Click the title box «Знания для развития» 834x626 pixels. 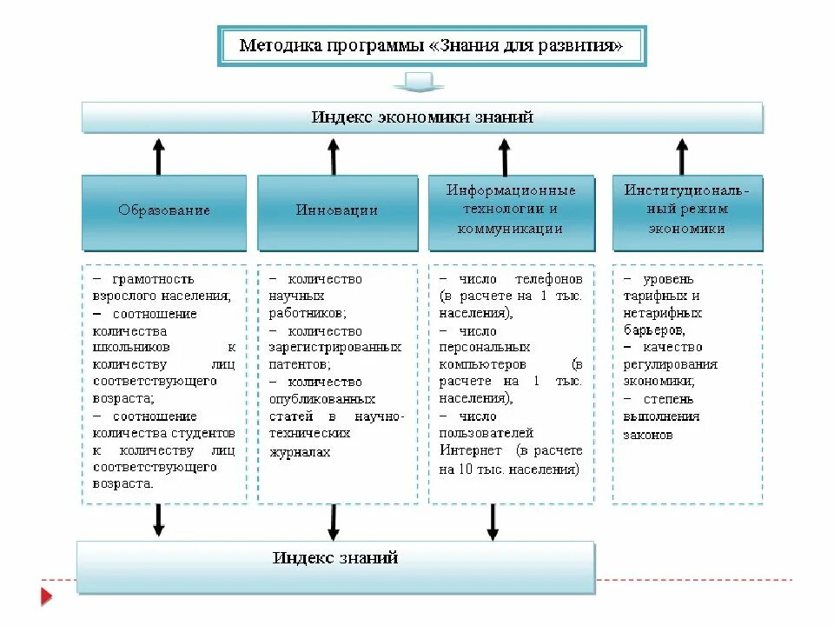coord(431,46)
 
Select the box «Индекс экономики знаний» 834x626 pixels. coord(422,117)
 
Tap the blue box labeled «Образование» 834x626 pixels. coord(164,211)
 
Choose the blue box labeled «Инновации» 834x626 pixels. coord(336,211)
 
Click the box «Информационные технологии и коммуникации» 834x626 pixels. coord(511,210)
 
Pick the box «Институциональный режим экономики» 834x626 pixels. coord(687,210)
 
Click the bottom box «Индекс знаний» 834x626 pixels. coord(335,566)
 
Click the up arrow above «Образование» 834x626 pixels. coord(158,156)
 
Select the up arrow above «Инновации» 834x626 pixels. coord(333,156)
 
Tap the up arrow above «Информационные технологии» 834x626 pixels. coord(504,156)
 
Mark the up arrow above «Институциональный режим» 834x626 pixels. coord(682,156)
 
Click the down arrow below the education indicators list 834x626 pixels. coord(158,520)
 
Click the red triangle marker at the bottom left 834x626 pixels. coord(46,596)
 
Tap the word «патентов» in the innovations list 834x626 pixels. coord(298,364)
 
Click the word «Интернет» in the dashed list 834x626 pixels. coord(470,450)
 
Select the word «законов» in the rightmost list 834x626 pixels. coord(647,434)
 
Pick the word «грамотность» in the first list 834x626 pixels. coord(154,280)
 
